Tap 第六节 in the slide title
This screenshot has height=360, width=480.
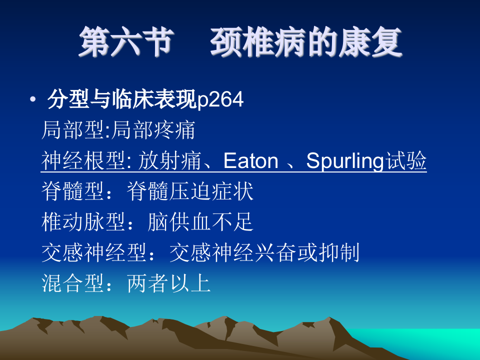tap(125, 42)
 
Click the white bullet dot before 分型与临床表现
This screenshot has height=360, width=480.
tap(33, 100)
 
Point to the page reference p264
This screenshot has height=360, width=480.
tap(221, 101)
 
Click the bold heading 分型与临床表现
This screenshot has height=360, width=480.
tap(122, 100)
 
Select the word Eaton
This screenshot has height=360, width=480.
tap(250, 161)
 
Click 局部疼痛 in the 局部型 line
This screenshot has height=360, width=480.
tap(153, 131)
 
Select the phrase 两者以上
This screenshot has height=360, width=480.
tap(169, 284)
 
